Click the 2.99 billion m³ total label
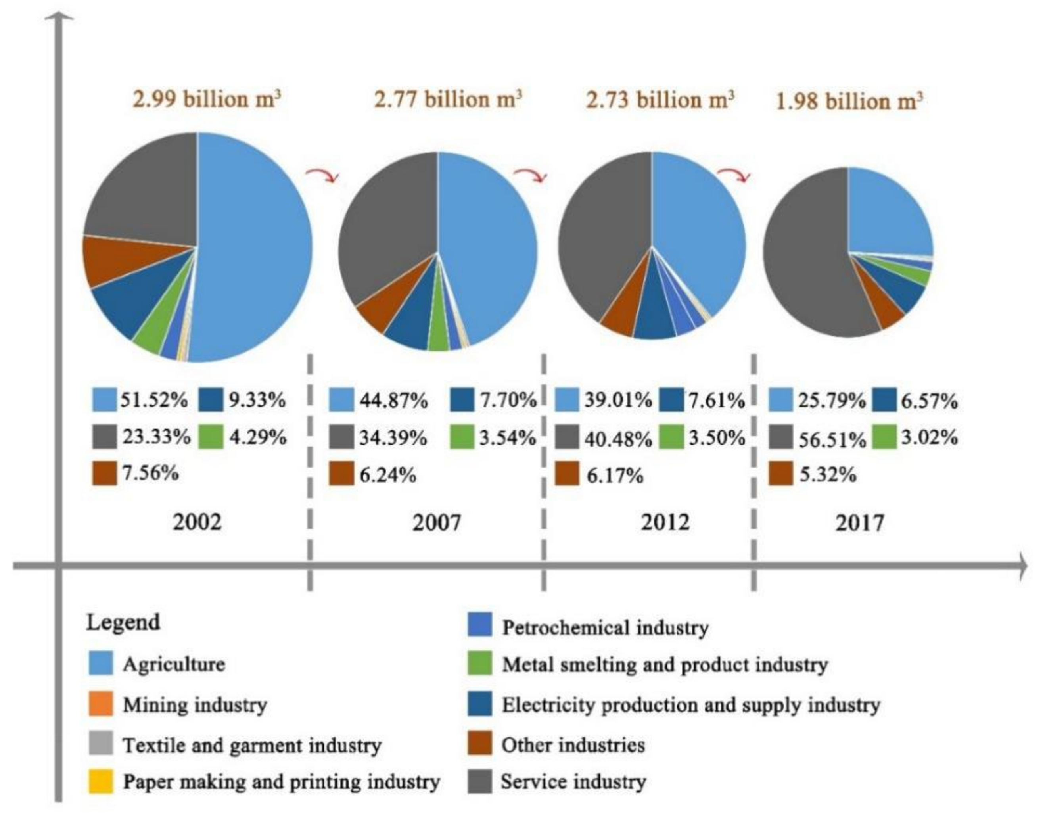(206, 100)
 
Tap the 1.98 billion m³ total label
(849, 102)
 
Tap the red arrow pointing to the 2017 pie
(734, 175)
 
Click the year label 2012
(665, 522)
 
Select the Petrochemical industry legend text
(605, 627)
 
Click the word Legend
(123, 622)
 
